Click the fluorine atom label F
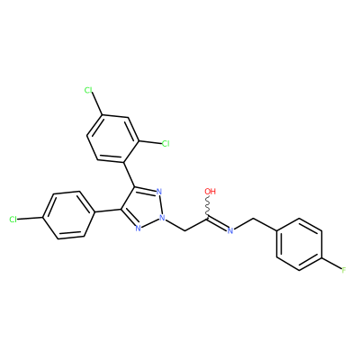click(x=344, y=270)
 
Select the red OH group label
click(x=210, y=191)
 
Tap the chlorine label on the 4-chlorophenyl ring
click(x=13, y=220)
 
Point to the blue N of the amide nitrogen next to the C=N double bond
click(x=230, y=230)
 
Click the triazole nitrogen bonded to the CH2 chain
click(x=162, y=217)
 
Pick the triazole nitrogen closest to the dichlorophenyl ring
click(x=159, y=192)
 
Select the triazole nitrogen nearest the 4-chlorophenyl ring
click(x=138, y=229)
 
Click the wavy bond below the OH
click(x=208, y=205)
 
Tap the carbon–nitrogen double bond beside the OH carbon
click(x=217, y=223)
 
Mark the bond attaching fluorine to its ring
click(x=331, y=263)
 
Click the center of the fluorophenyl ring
click(x=299, y=244)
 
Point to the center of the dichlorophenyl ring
click(x=113, y=139)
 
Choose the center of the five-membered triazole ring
click(x=143, y=208)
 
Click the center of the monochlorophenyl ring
click(x=67, y=215)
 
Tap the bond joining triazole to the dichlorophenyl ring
click(x=130, y=175)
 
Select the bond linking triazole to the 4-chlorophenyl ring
click(x=107, y=211)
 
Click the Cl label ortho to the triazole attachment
click(x=166, y=144)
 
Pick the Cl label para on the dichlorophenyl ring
click(x=88, y=90)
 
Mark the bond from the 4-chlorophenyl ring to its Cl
click(x=30, y=218)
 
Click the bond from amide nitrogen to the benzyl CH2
click(x=244, y=224)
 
